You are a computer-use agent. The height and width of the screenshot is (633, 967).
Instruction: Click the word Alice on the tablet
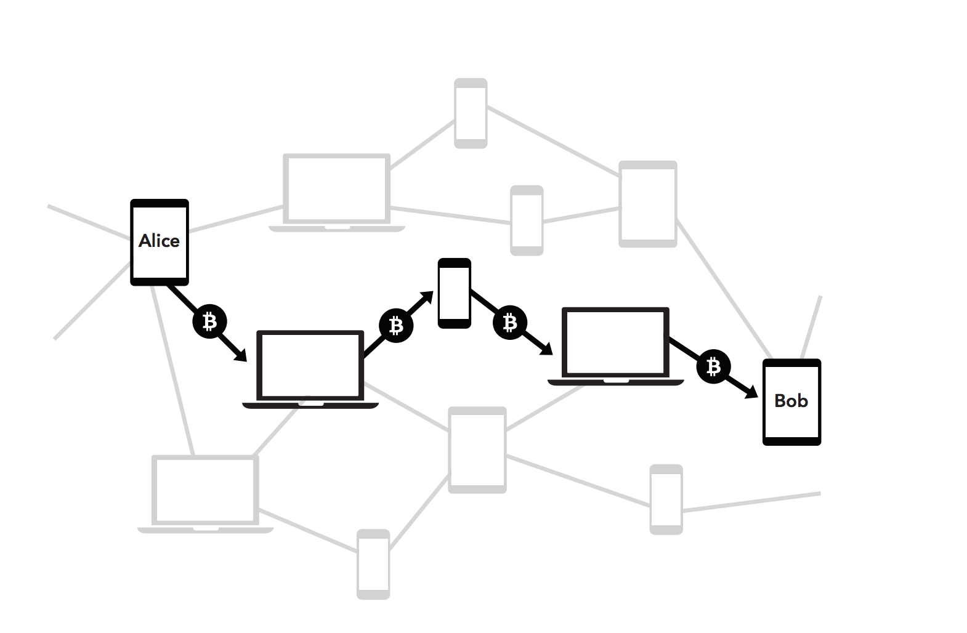[x=159, y=241]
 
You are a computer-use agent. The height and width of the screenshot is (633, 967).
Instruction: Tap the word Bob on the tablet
[x=791, y=401]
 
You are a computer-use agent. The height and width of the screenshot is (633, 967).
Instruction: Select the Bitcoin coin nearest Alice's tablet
[x=209, y=321]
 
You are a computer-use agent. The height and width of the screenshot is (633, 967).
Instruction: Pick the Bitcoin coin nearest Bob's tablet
[x=713, y=367]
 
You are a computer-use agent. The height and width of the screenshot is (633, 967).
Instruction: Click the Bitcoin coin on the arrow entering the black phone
[x=395, y=326]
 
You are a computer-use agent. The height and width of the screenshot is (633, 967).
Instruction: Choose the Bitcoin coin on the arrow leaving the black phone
[x=509, y=323]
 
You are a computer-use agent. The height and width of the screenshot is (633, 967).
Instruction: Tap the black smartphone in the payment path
[x=455, y=293]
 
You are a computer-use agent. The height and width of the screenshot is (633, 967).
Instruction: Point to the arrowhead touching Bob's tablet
[x=752, y=393]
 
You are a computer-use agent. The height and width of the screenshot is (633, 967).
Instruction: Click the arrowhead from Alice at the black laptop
[x=241, y=355]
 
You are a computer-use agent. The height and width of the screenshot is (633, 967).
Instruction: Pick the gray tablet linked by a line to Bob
[x=648, y=204]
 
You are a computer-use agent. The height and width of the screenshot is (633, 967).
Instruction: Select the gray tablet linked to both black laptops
[x=477, y=450]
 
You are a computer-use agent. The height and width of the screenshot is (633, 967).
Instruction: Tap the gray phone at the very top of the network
[x=471, y=113]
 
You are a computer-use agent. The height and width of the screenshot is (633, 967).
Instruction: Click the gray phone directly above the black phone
[x=527, y=220]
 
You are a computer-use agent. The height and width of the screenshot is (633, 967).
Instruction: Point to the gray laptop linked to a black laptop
[x=205, y=493]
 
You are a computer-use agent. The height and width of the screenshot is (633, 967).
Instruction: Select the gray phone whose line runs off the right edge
[x=666, y=499]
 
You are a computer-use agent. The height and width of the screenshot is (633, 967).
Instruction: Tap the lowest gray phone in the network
[x=373, y=563]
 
